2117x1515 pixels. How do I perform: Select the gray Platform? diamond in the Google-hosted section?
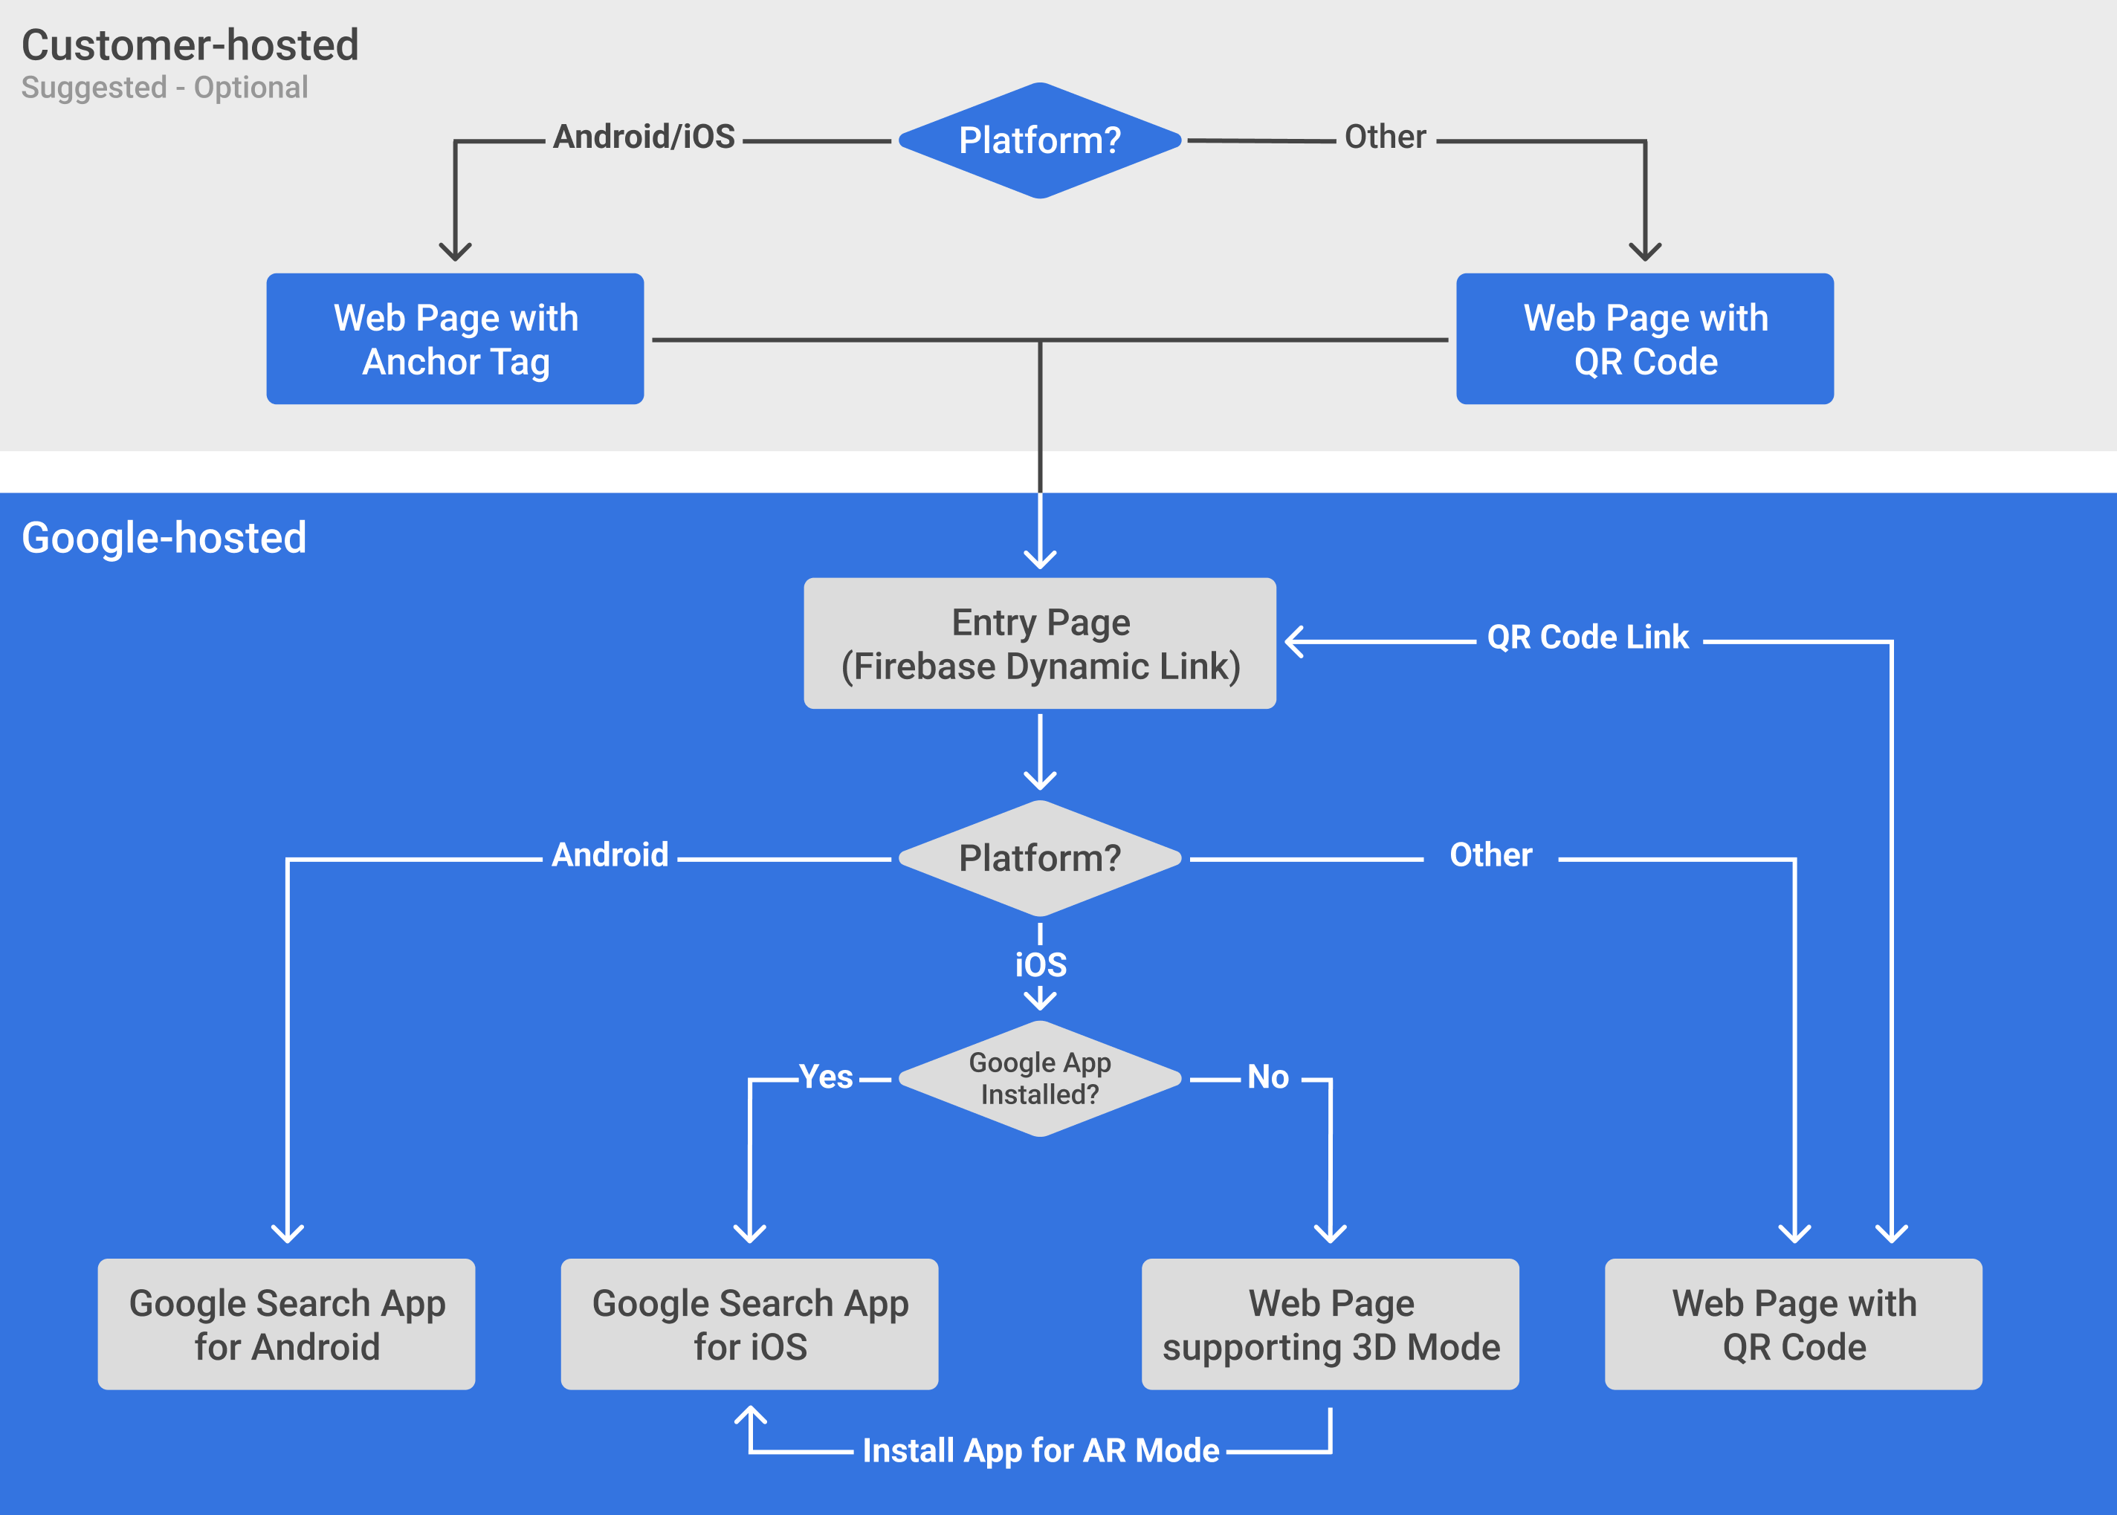coord(1039,858)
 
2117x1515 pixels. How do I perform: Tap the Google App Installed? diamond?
coord(1039,1078)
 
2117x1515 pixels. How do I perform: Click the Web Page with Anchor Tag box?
coord(456,339)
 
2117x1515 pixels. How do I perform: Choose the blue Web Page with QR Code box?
coord(1645,339)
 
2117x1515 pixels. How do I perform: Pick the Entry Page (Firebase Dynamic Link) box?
coord(1039,643)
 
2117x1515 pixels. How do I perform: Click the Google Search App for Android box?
coord(286,1324)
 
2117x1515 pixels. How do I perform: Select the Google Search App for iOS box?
coord(749,1324)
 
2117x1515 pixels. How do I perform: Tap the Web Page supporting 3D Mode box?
coord(1331,1324)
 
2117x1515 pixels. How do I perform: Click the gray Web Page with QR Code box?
coord(1793,1324)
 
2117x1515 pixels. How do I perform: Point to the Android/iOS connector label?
coord(644,137)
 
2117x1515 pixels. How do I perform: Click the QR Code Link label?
coord(1587,638)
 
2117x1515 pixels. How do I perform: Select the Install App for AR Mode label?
coord(1041,1450)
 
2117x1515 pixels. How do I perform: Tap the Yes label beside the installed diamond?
coord(826,1077)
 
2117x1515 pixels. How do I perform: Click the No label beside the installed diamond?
coord(1268,1077)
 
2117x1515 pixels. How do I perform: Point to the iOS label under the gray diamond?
coord(1041,964)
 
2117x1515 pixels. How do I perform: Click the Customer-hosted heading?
coord(190,45)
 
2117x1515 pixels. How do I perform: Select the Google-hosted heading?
coord(164,538)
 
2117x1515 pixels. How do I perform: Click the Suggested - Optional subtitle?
coord(164,88)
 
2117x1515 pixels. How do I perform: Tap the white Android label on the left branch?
coord(610,854)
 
